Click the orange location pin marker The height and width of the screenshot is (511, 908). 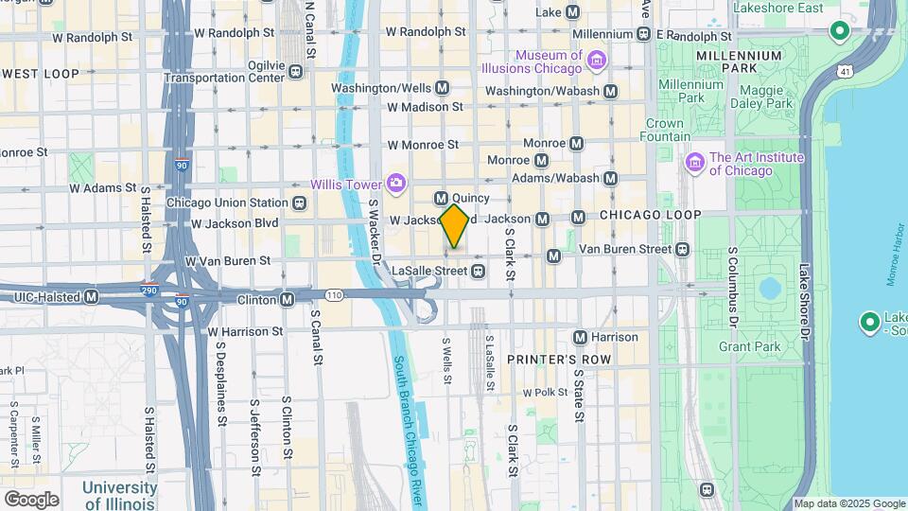click(x=455, y=225)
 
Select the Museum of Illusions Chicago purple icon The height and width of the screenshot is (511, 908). click(x=597, y=62)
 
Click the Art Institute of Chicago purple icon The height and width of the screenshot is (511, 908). click(x=695, y=163)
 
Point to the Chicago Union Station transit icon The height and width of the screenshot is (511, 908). click(x=300, y=203)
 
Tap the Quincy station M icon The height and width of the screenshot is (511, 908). click(x=441, y=198)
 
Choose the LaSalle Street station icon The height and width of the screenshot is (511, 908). click(x=479, y=272)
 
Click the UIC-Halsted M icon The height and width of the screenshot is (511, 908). click(x=92, y=297)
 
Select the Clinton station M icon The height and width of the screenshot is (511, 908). click(x=288, y=300)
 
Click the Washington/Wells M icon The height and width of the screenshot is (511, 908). click(x=442, y=88)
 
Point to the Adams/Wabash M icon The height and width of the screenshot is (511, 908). click(x=611, y=178)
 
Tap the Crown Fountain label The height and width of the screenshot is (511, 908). click(x=665, y=130)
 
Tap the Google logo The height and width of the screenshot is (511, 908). click(x=31, y=499)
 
